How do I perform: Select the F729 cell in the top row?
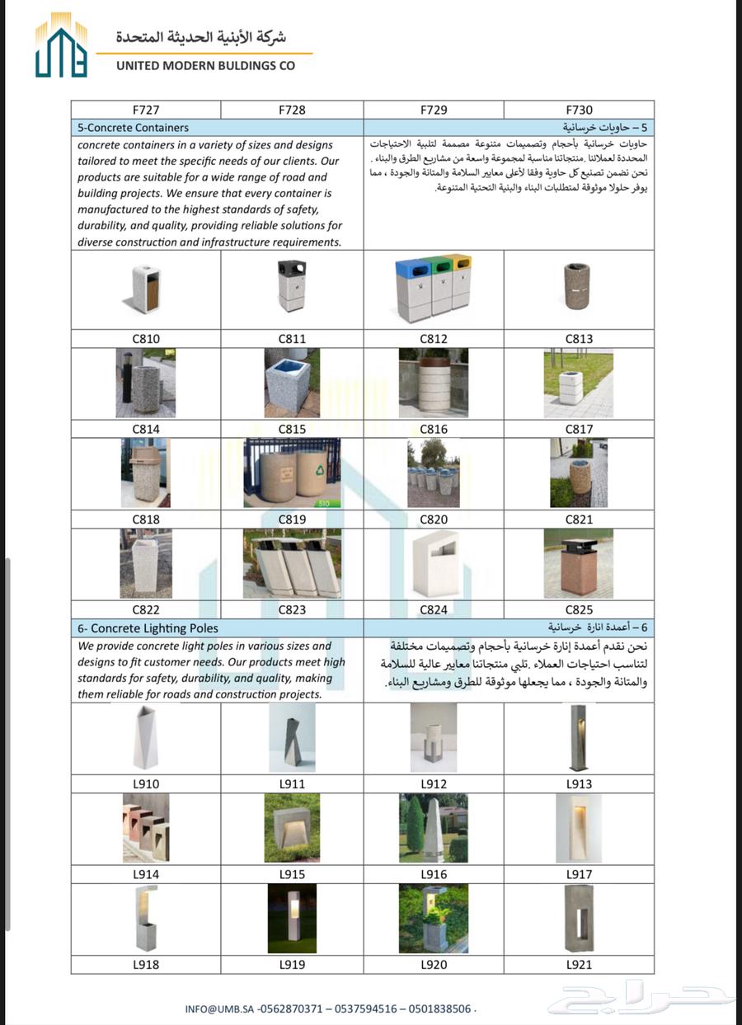434,110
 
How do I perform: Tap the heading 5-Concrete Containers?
133,128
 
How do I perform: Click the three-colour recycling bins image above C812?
434,288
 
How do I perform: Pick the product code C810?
146,339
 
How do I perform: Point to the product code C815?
292,429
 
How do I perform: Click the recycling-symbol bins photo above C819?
292,473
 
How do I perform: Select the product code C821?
579,520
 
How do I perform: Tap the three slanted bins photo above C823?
292,563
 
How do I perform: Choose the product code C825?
579,610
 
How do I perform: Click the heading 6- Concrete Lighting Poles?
148,628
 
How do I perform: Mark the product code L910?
146,784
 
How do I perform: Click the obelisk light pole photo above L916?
434,829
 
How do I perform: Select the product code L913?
579,784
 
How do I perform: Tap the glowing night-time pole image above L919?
292,919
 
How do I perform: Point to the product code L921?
579,964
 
